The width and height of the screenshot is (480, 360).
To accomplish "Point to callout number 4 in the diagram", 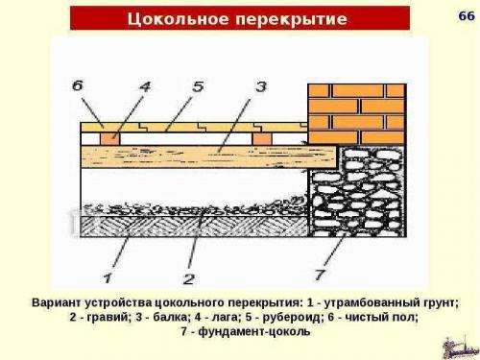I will click(x=145, y=86).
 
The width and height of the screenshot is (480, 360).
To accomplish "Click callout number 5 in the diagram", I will click(x=197, y=86).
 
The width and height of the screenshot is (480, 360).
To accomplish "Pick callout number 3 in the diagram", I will click(x=260, y=86).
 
